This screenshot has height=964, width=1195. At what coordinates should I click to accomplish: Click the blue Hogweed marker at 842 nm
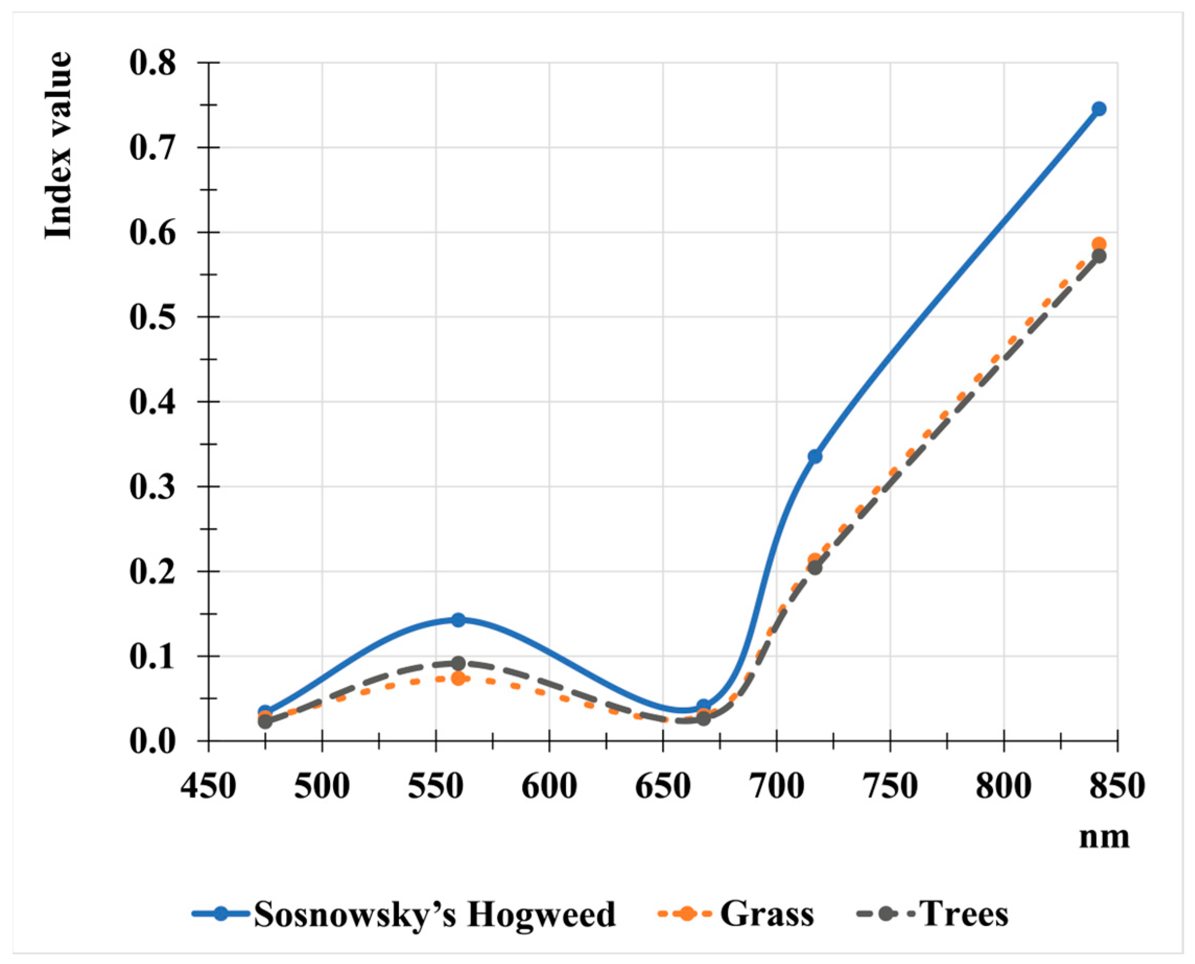click(1098, 109)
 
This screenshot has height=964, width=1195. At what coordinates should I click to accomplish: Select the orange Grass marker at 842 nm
click(1098, 244)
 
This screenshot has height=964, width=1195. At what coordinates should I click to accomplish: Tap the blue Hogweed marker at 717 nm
click(814, 457)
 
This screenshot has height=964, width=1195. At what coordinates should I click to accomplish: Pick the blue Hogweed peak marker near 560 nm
click(458, 620)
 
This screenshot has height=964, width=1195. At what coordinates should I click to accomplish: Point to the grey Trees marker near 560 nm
click(458, 663)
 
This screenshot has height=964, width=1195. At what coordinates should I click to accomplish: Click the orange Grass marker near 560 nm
click(458, 678)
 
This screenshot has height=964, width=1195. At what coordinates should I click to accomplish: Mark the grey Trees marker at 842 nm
click(1098, 256)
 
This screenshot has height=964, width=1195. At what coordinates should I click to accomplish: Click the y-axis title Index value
click(58, 146)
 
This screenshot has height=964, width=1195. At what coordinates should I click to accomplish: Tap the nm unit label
click(1104, 837)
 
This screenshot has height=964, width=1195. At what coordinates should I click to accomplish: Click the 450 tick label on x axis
click(208, 787)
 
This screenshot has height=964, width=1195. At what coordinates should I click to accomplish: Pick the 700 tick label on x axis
click(776, 787)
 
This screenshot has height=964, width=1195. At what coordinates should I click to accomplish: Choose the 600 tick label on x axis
click(549, 787)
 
